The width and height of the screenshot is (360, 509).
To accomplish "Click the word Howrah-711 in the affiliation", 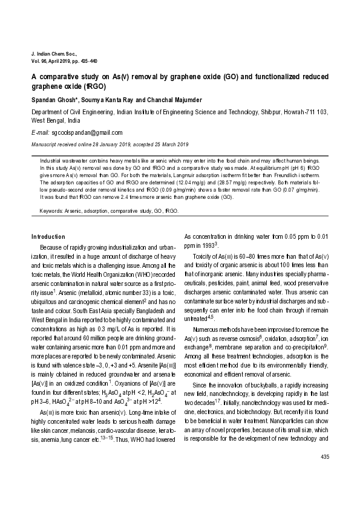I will (299, 112).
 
